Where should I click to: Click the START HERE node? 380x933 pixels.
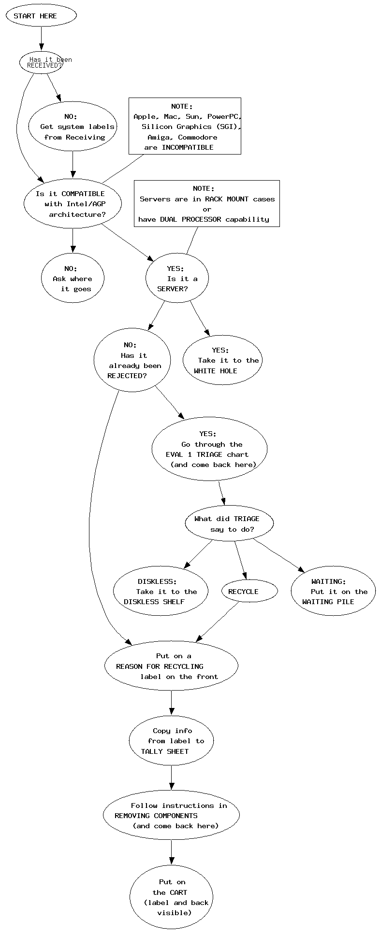(41, 15)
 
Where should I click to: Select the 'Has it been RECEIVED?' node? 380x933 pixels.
(42, 63)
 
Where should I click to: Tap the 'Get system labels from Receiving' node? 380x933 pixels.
(73, 127)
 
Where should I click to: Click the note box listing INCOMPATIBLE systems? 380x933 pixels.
(185, 126)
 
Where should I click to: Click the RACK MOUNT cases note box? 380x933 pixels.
(206, 203)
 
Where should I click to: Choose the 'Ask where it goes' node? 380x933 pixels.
(73, 279)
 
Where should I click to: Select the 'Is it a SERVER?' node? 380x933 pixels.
(177, 279)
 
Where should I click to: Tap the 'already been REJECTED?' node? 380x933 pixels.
(132, 360)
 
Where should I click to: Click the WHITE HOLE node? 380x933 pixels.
(222, 361)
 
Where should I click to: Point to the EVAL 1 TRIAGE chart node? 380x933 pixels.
(209, 449)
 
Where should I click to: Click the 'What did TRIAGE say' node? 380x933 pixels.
(229, 524)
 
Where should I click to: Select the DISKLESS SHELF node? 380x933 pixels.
(161, 592)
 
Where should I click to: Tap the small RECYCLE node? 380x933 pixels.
(249, 592)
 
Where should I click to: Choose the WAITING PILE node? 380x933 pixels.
(333, 592)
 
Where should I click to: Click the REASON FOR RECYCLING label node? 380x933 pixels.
(171, 666)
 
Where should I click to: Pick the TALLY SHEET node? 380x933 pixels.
(171, 741)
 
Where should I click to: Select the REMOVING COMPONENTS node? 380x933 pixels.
(171, 816)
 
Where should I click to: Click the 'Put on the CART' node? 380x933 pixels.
(171, 897)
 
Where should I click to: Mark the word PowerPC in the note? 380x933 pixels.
(224, 116)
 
